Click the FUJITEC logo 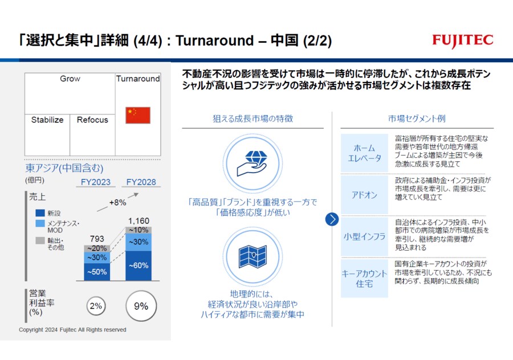[x=462, y=40]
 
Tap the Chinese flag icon [x=138, y=115]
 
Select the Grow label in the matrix [x=70, y=79]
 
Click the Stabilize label [x=47, y=120]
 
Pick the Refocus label [x=92, y=120]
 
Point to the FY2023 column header [x=96, y=182]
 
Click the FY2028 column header [x=141, y=182]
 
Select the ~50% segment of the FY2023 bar [x=97, y=272]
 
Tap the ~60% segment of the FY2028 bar [x=139, y=265]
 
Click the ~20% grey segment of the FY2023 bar [x=97, y=248]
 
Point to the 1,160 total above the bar [x=139, y=221]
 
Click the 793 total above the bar [x=97, y=239]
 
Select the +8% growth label [x=118, y=202]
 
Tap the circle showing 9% [x=141, y=306]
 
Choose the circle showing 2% [x=96, y=306]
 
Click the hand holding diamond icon [x=253, y=163]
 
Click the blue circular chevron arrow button [x=332, y=219]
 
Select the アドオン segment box [x=364, y=195]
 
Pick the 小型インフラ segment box [x=364, y=236]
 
